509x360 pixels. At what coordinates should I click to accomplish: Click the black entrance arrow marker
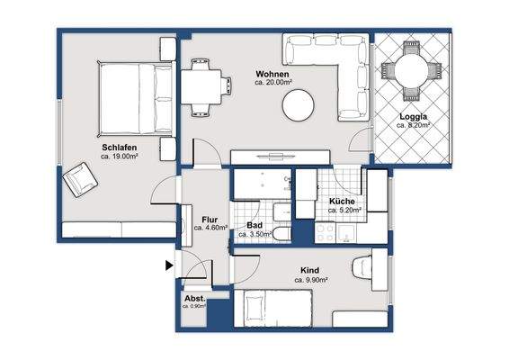click(169, 265)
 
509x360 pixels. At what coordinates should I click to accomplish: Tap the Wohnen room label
click(272, 74)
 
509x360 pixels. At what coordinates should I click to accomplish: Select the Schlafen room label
click(120, 148)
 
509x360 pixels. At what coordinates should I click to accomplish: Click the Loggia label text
click(414, 117)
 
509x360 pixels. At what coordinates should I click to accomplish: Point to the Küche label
click(342, 201)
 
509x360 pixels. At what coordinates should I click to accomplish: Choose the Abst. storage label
click(195, 299)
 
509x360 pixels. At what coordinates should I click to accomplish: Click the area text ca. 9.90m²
click(310, 280)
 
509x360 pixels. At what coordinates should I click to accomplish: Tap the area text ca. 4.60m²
click(210, 228)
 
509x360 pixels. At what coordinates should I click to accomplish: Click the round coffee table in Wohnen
click(298, 105)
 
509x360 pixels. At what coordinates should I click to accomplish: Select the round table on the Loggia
click(412, 70)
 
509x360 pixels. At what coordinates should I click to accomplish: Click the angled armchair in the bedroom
click(80, 180)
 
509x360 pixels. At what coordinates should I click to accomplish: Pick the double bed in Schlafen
click(136, 99)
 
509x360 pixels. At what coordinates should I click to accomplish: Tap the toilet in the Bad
click(281, 234)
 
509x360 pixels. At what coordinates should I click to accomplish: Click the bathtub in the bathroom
click(263, 184)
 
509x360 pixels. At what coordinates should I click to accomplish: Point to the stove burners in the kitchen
click(325, 233)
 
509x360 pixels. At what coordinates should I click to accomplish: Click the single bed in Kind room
click(273, 308)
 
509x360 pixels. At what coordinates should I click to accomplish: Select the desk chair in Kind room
click(362, 267)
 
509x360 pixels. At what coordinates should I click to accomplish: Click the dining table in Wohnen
click(201, 87)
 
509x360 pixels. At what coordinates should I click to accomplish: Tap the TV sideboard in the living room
click(281, 157)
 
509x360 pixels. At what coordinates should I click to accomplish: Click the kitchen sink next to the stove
click(346, 233)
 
